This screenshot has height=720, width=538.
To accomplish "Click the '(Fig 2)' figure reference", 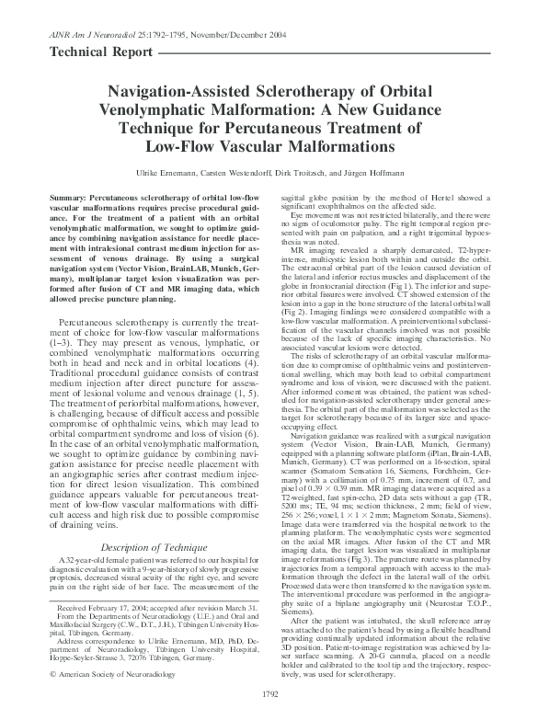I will click(295, 311).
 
